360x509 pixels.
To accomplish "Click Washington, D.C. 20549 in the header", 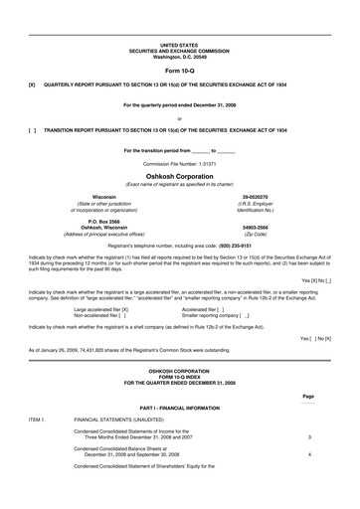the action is tap(179, 57).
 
